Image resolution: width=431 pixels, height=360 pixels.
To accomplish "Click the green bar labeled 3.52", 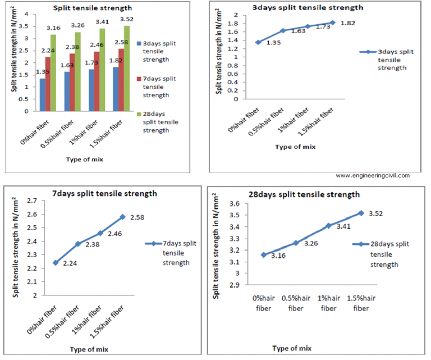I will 126,68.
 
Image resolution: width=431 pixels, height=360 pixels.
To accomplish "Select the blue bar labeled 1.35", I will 42,94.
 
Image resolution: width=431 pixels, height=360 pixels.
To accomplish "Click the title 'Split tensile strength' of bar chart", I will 85,8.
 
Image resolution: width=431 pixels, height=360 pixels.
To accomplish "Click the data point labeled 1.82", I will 333,22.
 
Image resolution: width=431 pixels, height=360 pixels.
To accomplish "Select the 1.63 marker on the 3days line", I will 283,30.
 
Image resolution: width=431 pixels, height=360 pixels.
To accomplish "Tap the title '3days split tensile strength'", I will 300,7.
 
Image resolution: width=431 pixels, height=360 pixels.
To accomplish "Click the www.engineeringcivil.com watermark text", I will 373,175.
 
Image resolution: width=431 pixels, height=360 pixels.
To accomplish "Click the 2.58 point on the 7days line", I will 122,217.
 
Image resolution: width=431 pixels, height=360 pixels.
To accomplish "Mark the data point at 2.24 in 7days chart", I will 55,262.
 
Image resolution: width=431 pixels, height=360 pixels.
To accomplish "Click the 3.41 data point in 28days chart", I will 329,226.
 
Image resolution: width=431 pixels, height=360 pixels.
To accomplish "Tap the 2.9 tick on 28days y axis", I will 234,285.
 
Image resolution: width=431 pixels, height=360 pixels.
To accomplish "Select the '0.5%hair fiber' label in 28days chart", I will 296,304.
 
